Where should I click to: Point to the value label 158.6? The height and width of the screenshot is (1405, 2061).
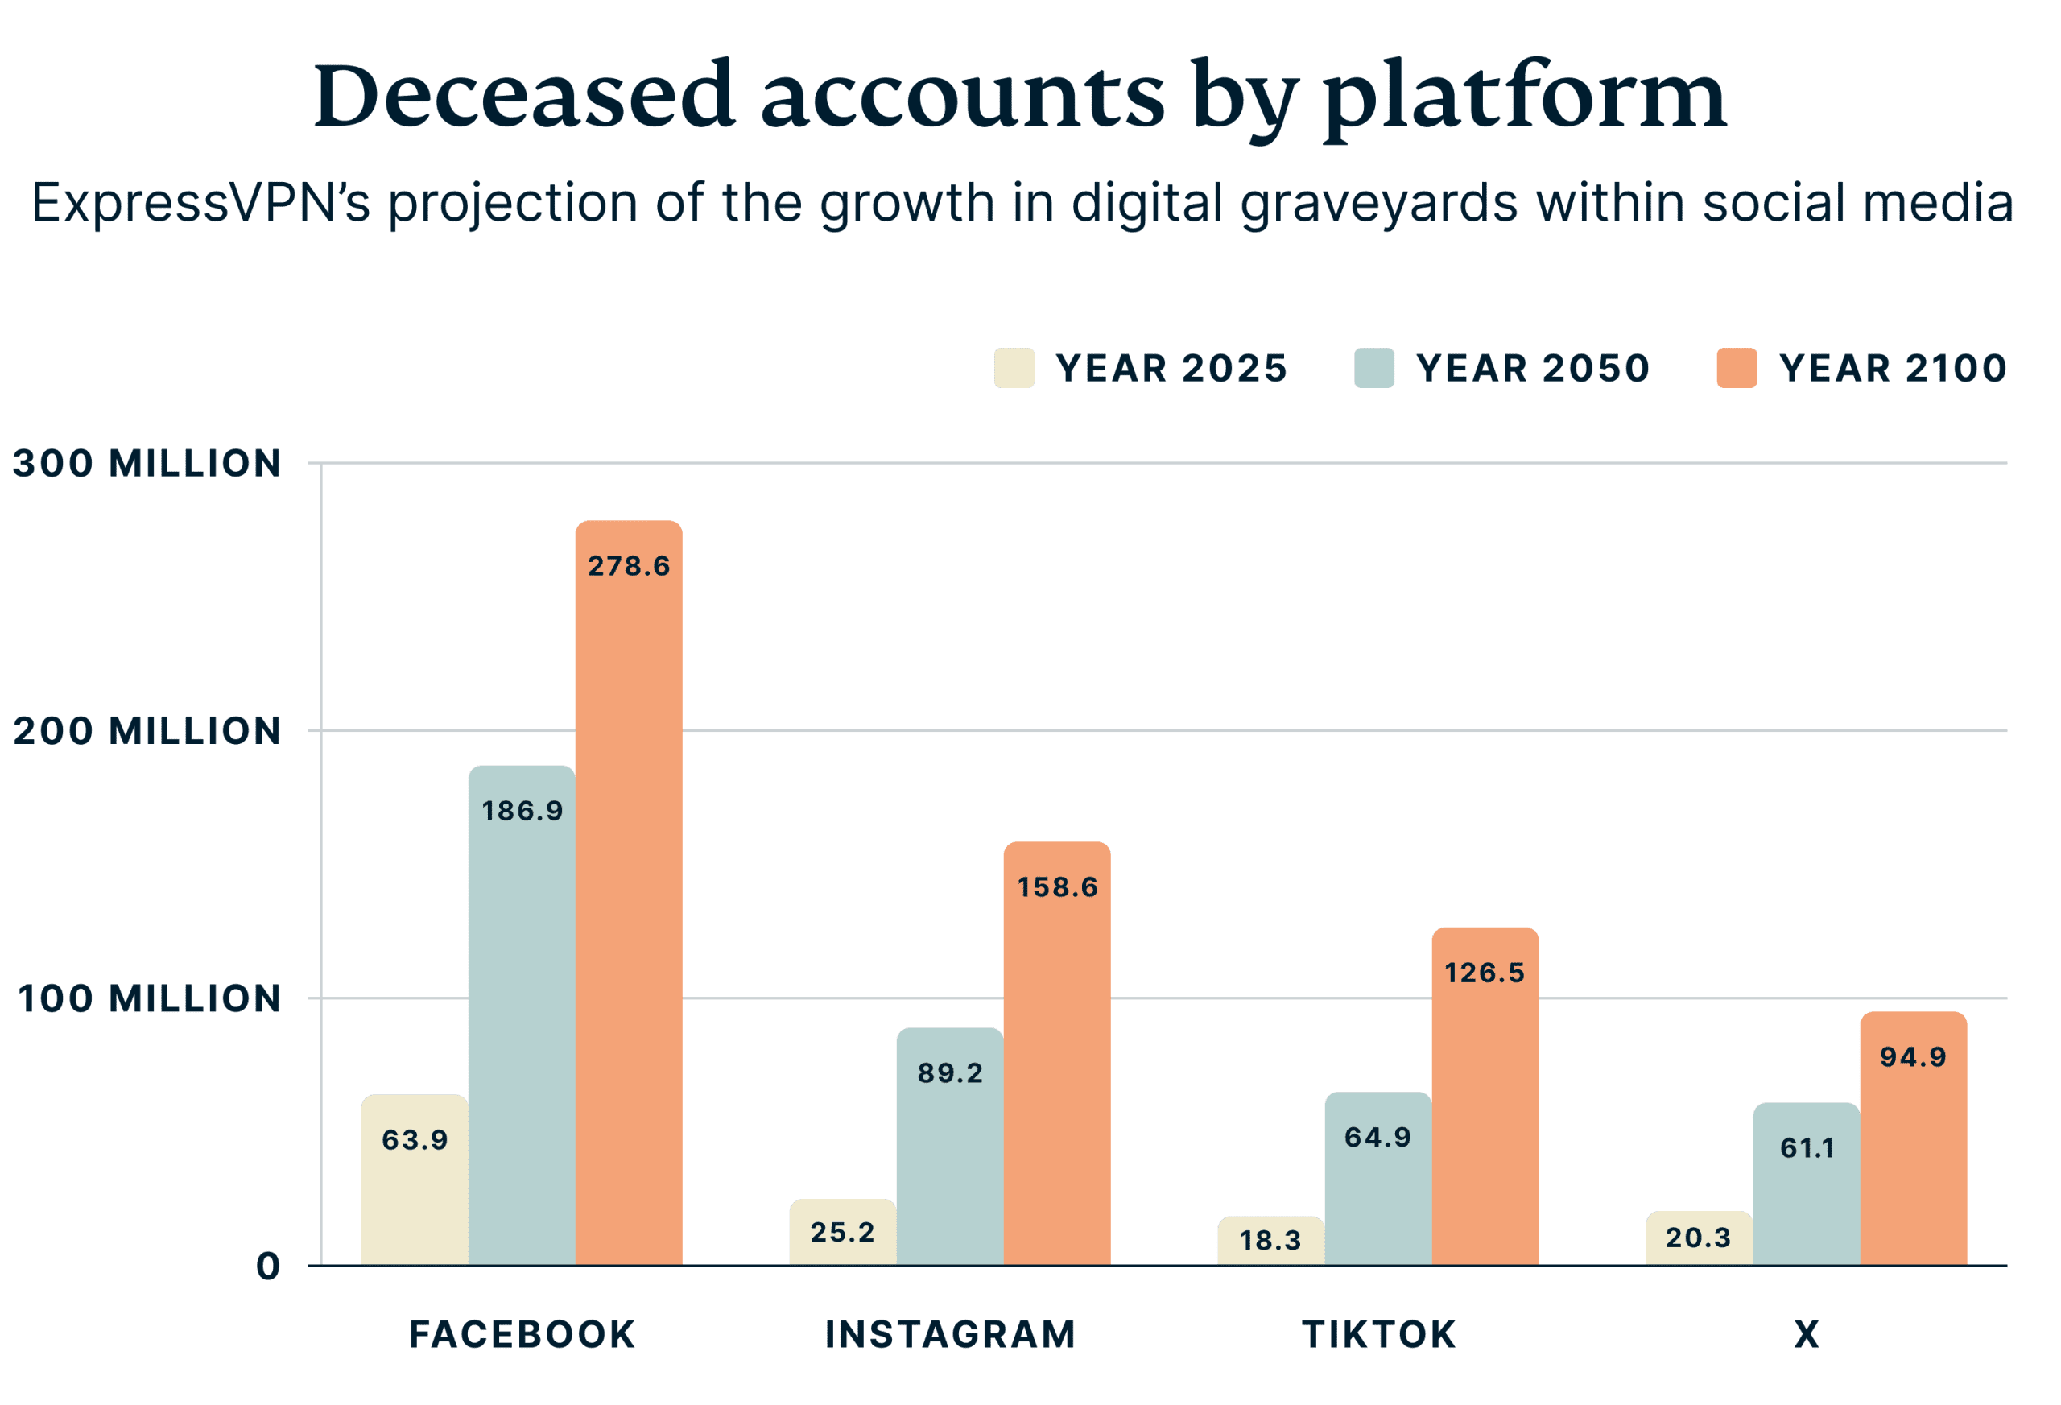point(1057,887)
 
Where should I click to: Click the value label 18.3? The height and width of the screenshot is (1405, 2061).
point(1270,1240)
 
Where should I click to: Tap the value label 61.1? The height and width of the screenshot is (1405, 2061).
point(1807,1149)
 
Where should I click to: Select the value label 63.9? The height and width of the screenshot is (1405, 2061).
point(414,1140)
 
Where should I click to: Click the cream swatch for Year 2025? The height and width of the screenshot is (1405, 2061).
point(1014,368)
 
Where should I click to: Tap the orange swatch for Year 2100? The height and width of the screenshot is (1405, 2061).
point(1737,368)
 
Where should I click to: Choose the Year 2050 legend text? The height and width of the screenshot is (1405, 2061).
point(1532,368)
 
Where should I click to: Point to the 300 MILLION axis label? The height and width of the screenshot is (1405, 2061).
point(147,464)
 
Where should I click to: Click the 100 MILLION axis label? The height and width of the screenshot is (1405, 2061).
point(149,998)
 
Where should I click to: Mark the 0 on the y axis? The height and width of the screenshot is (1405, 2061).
point(268,1267)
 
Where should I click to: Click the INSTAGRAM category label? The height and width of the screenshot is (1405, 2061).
point(950,1335)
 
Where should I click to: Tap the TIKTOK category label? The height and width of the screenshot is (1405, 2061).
point(1378,1335)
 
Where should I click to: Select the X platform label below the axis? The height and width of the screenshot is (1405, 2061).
point(1807,1335)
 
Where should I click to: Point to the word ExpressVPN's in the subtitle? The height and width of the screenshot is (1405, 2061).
point(200,203)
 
